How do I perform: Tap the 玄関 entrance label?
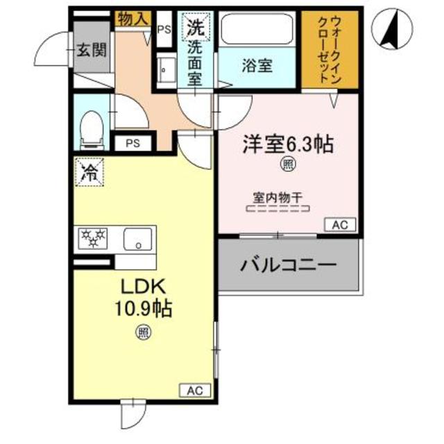pyautogui.click(x=92, y=50)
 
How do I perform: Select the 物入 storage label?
pyautogui.click(x=132, y=19)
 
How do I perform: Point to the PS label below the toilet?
pyautogui.click(x=133, y=144)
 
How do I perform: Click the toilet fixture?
pyautogui.click(x=91, y=129)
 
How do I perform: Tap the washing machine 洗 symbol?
pyautogui.click(x=194, y=28)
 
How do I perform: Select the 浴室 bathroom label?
pyautogui.click(x=257, y=67)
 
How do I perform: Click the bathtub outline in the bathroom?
pyautogui.click(x=259, y=31)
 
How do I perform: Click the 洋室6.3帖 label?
pyautogui.click(x=287, y=144)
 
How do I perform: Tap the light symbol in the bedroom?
pyautogui.click(x=287, y=164)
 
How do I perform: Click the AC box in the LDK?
pyautogui.click(x=193, y=391)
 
